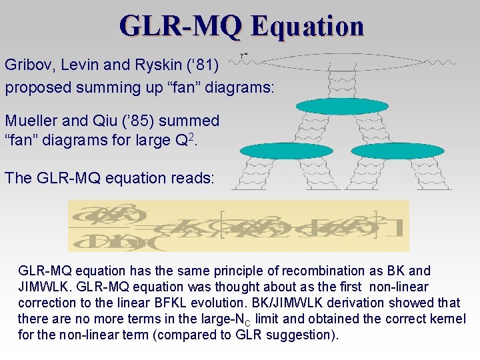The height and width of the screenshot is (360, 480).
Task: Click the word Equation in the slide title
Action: pos(308,26)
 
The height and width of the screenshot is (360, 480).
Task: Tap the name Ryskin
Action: pos(151,65)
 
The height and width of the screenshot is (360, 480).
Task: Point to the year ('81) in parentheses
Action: pos(209,65)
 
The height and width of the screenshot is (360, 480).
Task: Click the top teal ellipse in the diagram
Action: pos(341,106)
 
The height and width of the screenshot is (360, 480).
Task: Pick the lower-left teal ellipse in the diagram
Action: pos(285,151)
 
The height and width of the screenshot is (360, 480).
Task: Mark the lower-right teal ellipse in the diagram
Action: pos(397,151)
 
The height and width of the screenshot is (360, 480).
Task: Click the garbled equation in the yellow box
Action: pos(238,226)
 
